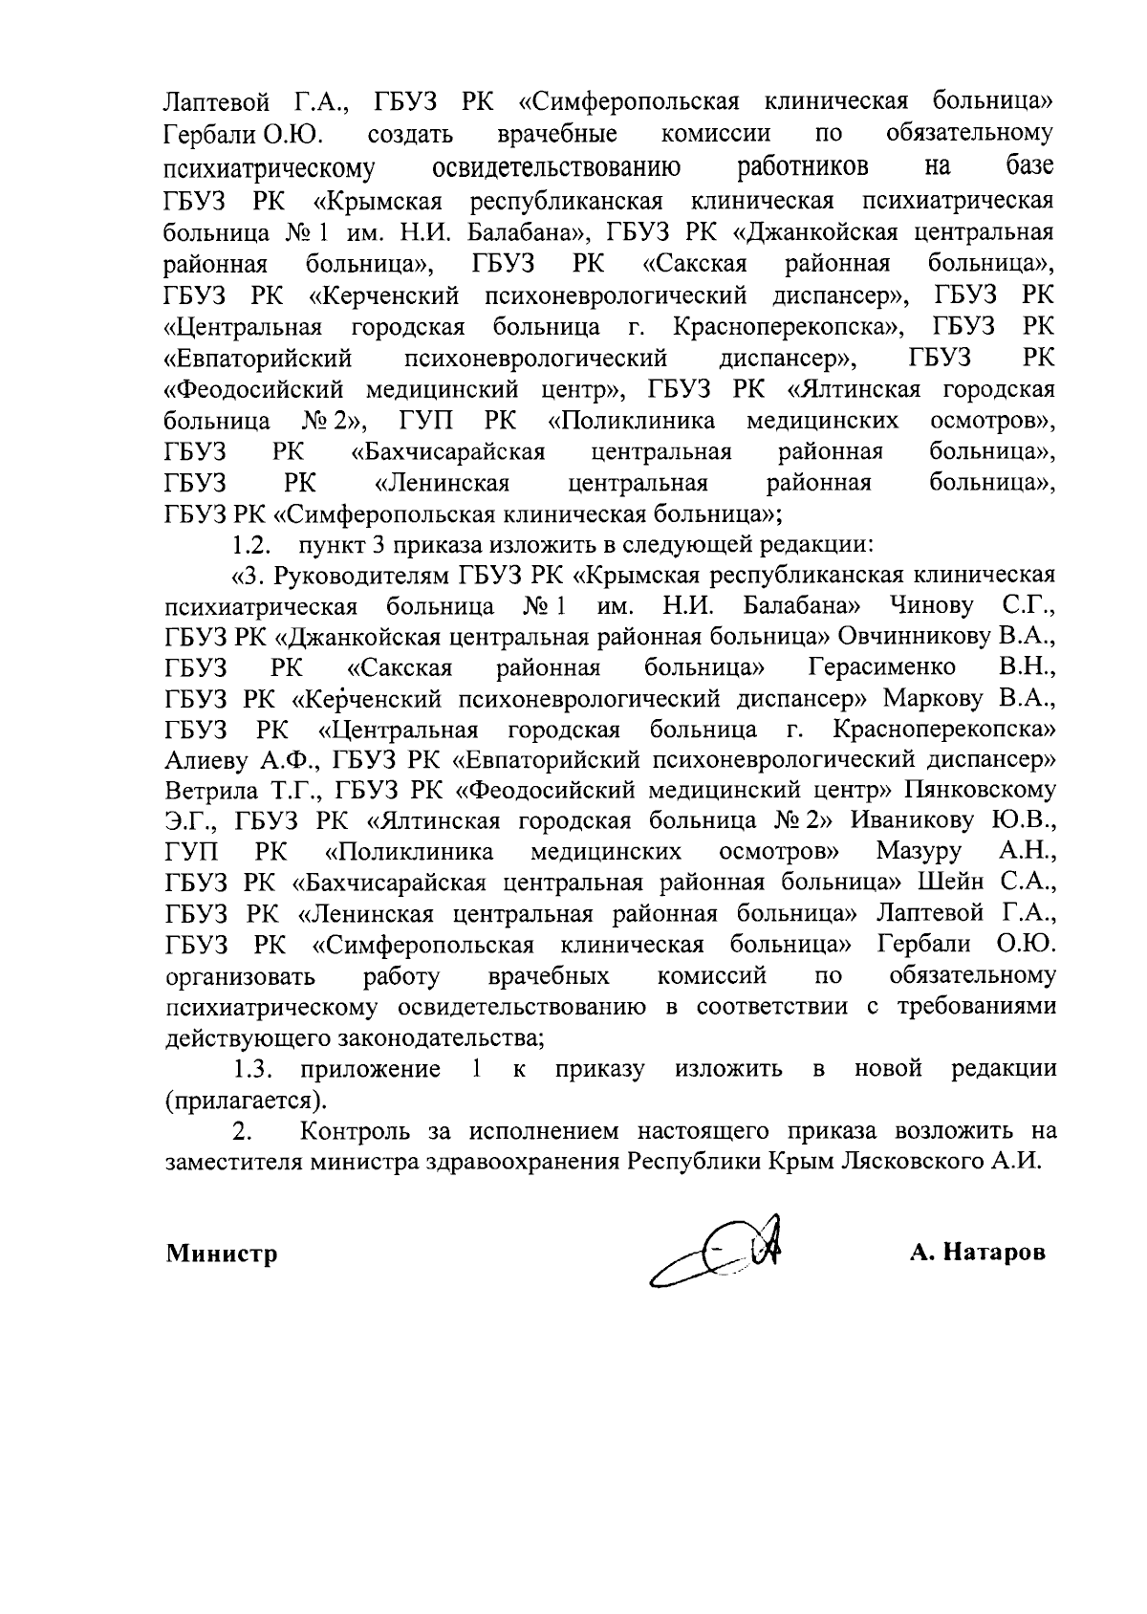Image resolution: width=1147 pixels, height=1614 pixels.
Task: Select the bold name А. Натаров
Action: point(978,1253)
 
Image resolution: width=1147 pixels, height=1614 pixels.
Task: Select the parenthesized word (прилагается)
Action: point(246,1100)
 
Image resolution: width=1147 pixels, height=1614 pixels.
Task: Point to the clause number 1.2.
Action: point(252,546)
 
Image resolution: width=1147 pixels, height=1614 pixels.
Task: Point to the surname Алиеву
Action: point(208,760)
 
